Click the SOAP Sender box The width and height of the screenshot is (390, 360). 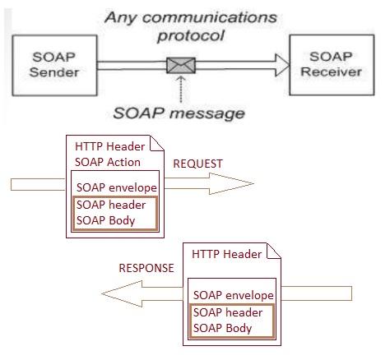pos(54,65)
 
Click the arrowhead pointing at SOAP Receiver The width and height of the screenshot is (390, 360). pos(282,63)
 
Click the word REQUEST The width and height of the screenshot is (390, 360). pos(197,164)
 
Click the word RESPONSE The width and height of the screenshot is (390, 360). pos(146,268)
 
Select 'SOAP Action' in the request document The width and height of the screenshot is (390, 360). pos(108,162)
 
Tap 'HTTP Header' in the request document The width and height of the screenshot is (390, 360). pos(109,147)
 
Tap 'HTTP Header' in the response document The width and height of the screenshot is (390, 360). pos(226,254)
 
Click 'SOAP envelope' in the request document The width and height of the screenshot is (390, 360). pos(116,188)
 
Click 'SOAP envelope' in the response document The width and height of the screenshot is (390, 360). pos(233,295)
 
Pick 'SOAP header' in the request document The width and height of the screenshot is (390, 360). pos(111,205)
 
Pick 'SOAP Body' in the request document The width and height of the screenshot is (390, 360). pos(105,220)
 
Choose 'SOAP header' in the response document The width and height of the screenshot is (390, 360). pos(227,312)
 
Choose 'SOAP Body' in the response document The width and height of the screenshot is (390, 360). pos(221,327)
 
